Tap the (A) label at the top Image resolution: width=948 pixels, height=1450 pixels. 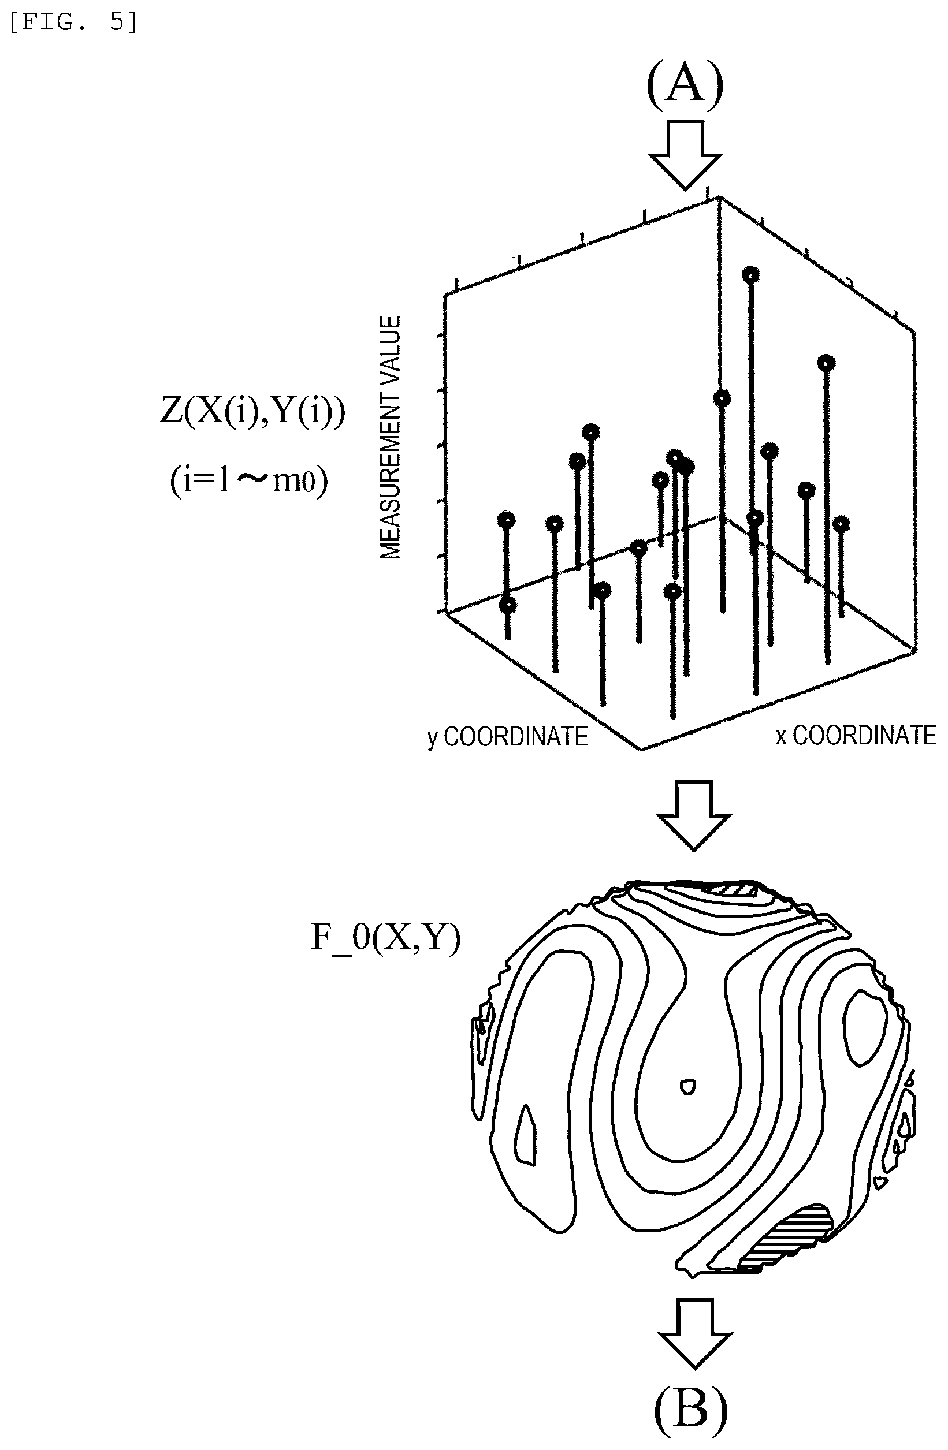click(685, 87)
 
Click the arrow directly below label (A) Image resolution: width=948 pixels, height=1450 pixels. click(685, 155)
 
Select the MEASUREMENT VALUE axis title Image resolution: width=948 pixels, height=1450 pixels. click(390, 437)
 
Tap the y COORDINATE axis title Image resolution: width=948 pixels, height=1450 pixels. click(507, 737)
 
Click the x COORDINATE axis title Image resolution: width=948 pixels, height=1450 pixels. click(856, 735)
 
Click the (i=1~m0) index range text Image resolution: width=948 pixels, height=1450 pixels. click(249, 480)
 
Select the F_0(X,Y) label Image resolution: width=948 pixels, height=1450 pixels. click(386, 938)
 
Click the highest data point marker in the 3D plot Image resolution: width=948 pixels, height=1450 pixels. click(750, 275)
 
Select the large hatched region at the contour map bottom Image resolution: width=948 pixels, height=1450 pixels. click(786, 1238)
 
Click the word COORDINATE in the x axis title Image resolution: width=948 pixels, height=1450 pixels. click(864, 735)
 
